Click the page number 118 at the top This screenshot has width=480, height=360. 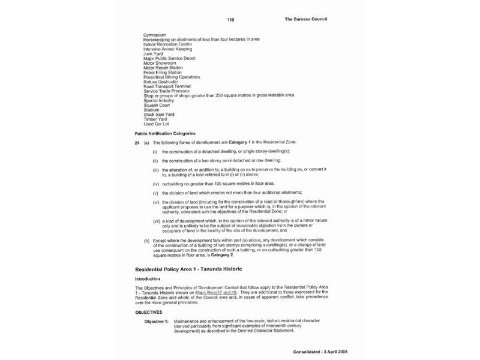tap(230, 20)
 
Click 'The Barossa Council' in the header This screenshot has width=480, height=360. tap(305, 19)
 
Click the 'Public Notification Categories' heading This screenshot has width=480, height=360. tap(165, 133)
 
